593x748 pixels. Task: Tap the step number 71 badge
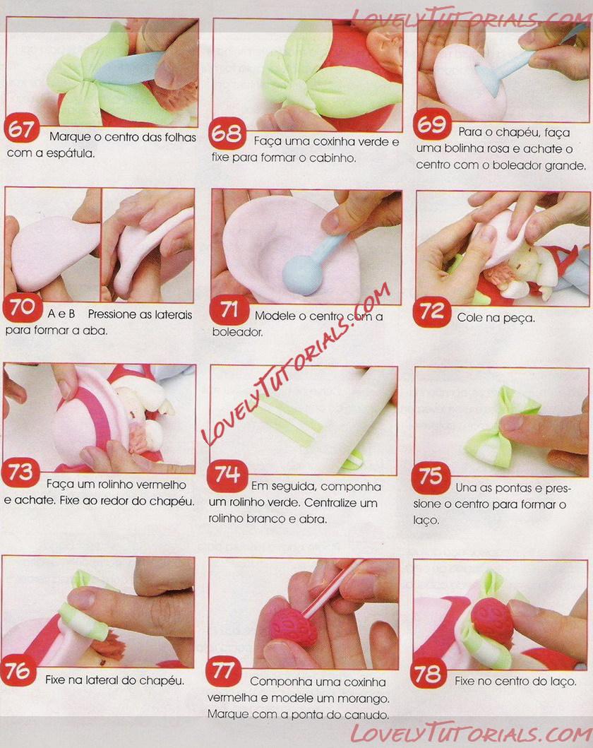coord(229,310)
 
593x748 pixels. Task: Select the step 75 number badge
coord(431,477)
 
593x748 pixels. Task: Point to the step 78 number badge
coord(428,672)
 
